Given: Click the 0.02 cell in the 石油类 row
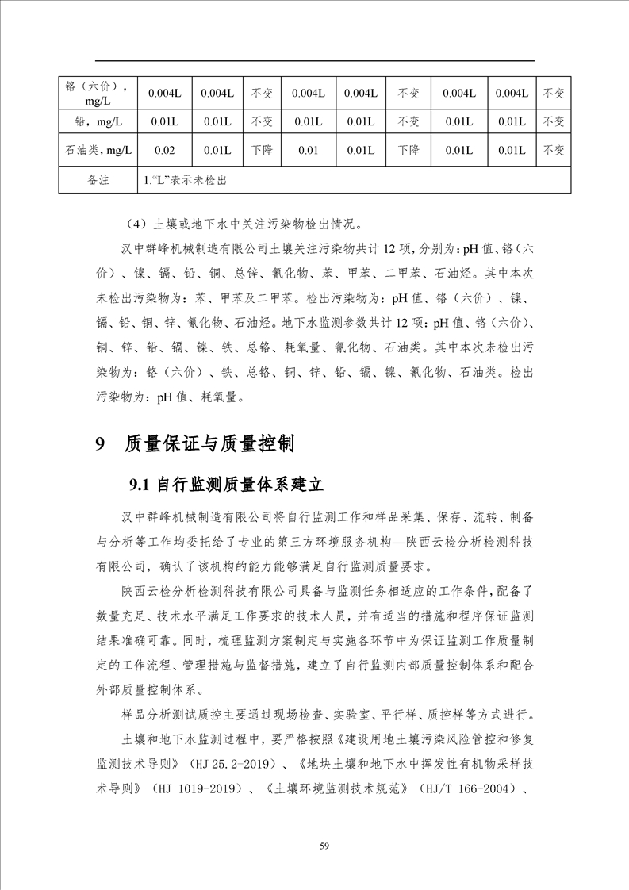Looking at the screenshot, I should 165,150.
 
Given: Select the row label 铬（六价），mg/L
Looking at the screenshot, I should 98,94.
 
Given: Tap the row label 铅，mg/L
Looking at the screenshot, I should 98,122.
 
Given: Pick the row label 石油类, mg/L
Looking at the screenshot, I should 98,150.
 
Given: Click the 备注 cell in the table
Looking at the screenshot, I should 98,180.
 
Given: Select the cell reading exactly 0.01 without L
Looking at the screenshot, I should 309,150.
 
